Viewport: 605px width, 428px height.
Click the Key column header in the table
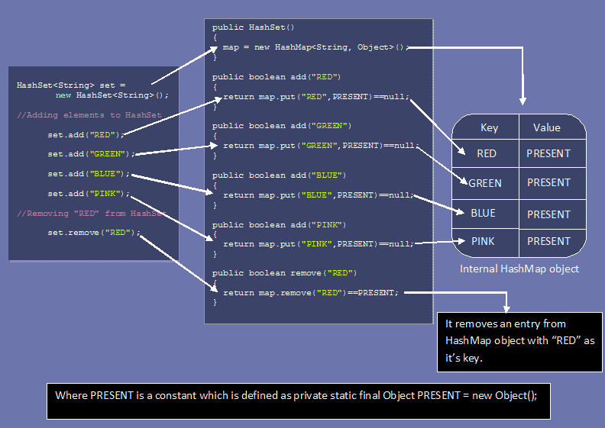489,128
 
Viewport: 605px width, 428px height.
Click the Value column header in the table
546,128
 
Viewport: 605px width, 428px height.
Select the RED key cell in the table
487,153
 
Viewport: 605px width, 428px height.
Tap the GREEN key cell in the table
485,183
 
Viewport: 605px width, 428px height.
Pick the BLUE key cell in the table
484,213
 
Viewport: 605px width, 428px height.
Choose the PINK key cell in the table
483,241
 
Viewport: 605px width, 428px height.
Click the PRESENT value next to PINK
548,241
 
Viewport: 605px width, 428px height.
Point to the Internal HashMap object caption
519,269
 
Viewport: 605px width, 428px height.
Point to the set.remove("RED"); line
94,232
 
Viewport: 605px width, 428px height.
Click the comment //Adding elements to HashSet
89,115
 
